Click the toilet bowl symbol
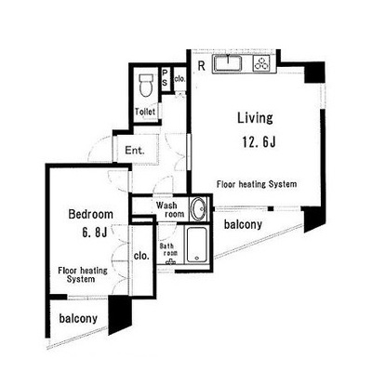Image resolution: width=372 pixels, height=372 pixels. pos(145,85)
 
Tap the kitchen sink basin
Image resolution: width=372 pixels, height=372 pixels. pos(228,63)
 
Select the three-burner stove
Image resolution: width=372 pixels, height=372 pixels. pos(261,64)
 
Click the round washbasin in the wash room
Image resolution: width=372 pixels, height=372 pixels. pos(198,209)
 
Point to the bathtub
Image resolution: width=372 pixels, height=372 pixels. pos(196,245)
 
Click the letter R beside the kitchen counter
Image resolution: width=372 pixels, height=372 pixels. pos(202,66)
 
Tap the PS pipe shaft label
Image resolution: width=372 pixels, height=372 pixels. pos(165,77)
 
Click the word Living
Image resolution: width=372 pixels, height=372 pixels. pos(255,118)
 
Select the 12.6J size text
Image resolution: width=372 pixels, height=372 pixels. pos(259,142)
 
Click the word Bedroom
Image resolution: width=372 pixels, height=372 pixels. pos(90,214)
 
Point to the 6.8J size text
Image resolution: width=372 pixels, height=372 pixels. pos(95,232)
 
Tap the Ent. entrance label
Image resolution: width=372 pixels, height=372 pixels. pos(135,151)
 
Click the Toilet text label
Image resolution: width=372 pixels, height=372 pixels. pos(145,112)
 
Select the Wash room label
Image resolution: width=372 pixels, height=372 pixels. pos(170,209)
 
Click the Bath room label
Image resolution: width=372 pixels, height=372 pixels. pos(168,250)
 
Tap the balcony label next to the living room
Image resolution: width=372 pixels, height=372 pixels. pos(243,225)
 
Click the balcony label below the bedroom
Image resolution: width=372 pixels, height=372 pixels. pos(78,318)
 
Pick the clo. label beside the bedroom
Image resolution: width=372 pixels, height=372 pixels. pos(141,256)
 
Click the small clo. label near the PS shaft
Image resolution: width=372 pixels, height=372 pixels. pos(179,79)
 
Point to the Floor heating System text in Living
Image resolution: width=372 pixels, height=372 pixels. pos(257,184)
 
